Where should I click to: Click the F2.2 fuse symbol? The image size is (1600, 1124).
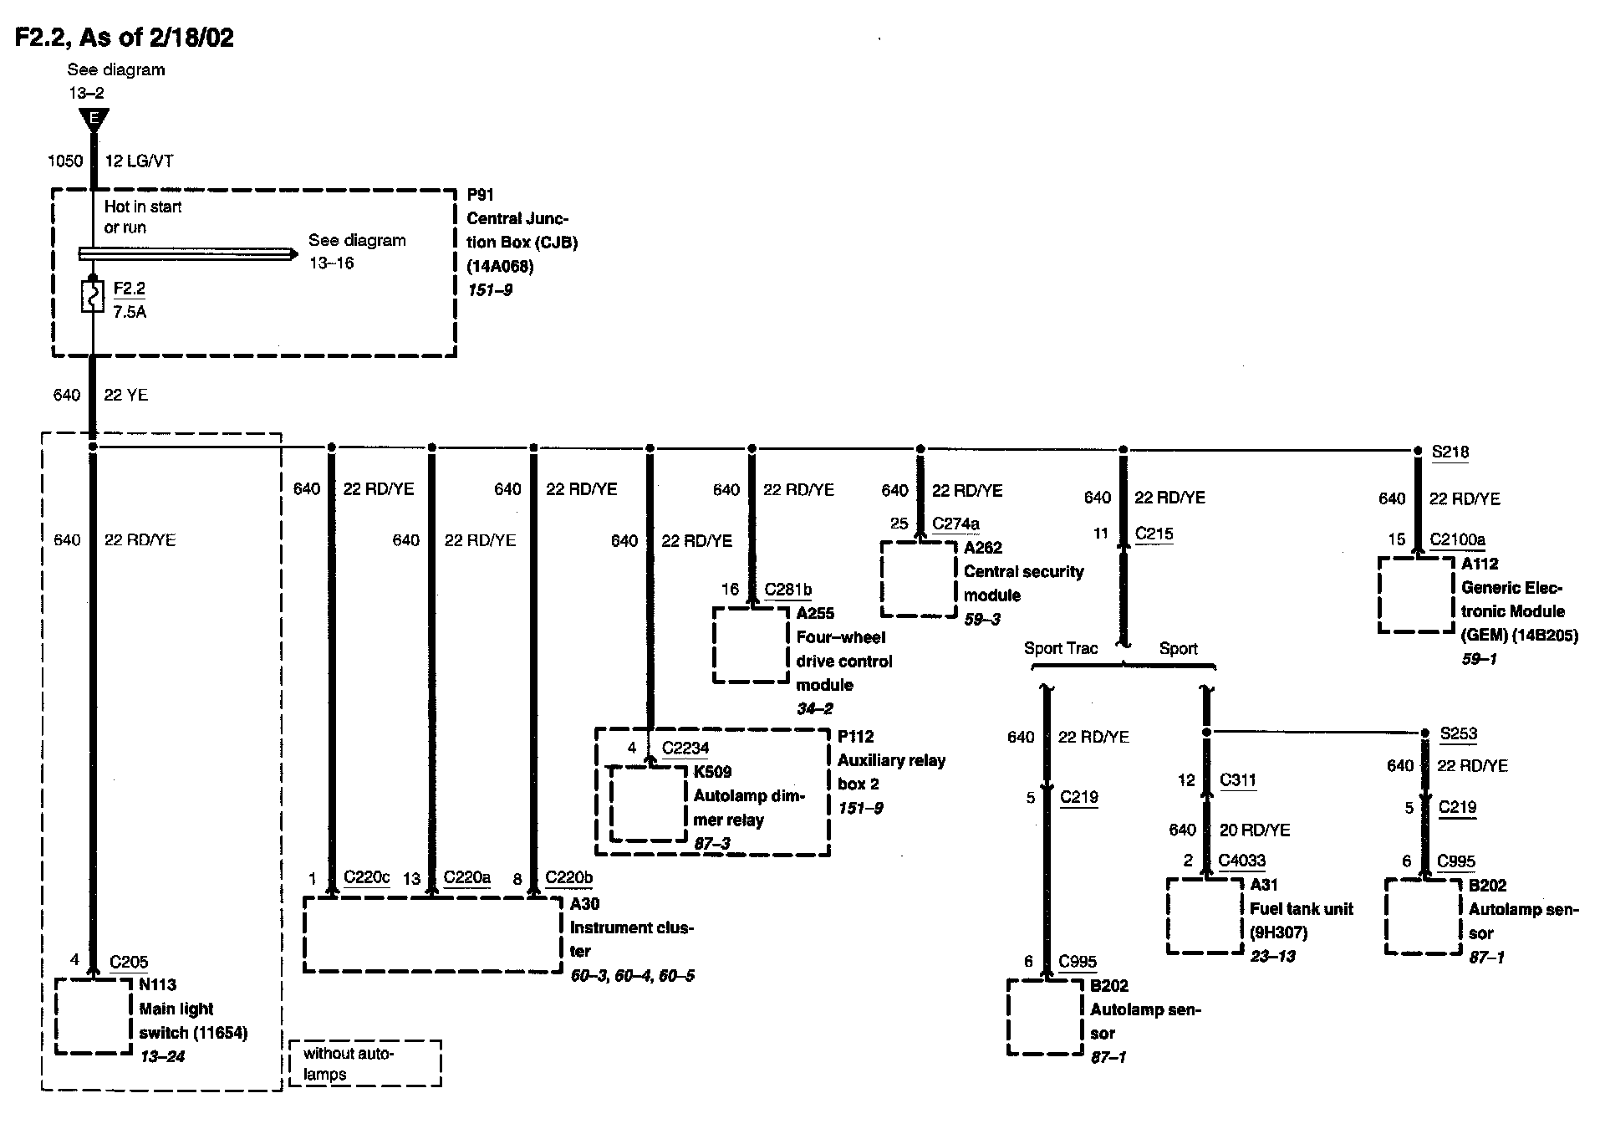[92, 297]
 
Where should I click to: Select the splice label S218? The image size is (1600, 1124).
[1450, 452]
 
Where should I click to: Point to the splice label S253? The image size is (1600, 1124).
[1458, 734]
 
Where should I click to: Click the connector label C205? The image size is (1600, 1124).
[129, 962]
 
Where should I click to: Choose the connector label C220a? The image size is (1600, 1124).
[466, 877]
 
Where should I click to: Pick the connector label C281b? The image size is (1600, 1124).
[787, 590]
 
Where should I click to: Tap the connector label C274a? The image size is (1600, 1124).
[955, 524]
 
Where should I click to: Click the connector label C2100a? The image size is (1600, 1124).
[1457, 539]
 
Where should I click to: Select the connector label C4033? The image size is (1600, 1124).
[1241, 861]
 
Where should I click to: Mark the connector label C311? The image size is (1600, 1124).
[1237, 780]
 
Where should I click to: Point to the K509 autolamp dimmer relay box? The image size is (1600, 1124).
[648, 804]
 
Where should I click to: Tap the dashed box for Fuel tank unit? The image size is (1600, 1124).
[1205, 915]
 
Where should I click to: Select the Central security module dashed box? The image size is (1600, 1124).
[918, 579]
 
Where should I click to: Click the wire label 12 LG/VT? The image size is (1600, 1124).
[139, 161]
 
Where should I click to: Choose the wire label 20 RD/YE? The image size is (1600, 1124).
[1255, 830]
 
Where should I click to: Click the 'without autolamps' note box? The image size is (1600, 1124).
[364, 1063]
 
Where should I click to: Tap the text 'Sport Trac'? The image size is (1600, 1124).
[1061, 648]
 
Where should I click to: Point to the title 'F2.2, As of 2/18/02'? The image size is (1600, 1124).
[125, 38]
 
